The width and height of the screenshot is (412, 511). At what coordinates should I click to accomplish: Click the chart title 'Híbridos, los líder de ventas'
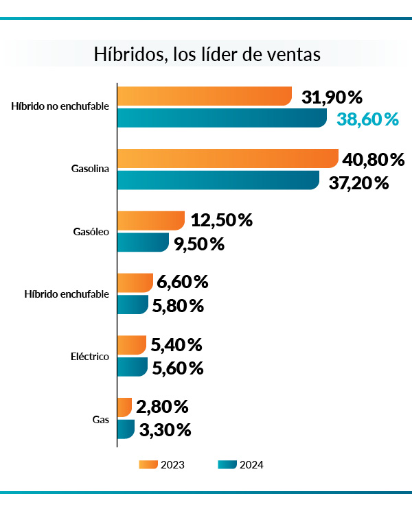207,55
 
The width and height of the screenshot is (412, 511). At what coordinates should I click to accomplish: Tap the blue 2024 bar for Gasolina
218,180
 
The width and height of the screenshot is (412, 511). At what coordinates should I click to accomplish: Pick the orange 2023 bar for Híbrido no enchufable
204,97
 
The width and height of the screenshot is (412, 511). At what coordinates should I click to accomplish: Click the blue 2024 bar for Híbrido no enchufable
221,118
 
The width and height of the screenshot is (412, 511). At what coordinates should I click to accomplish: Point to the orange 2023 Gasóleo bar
151,221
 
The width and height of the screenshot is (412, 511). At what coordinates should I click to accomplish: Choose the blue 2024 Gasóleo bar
143,242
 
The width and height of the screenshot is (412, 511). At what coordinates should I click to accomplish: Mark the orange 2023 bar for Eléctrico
132,345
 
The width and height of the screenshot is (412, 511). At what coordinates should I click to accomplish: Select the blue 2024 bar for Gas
126,429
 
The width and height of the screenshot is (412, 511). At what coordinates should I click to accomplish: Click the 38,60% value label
368,119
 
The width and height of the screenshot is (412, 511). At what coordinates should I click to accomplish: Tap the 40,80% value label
374,160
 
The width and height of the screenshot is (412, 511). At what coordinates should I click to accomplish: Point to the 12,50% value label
222,221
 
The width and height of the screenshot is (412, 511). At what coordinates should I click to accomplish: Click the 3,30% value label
165,431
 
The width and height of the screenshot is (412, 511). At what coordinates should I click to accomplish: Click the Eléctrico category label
90,357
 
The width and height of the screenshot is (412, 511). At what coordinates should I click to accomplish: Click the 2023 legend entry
162,464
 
